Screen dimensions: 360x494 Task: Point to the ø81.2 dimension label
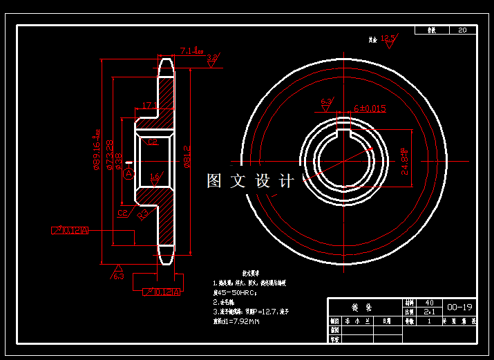pyautogui.click(x=186, y=155)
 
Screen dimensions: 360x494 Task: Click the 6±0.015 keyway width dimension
pyautogui.click(x=370, y=108)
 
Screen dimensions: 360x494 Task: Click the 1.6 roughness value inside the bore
pyautogui.click(x=155, y=178)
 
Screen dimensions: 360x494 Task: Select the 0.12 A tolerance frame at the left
pyautogui.click(x=70, y=230)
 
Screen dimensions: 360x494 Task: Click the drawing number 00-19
pyautogui.click(x=460, y=307)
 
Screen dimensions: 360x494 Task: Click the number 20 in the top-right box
pyautogui.click(x=462, y=30)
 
